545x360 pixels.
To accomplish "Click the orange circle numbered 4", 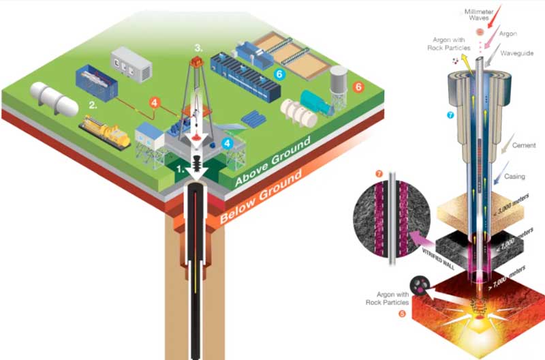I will click(156, 103).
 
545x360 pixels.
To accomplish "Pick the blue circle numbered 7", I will click(450, 115).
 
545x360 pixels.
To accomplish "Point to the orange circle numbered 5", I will click(402, 314).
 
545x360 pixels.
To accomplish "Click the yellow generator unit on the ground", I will click(106, 132).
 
